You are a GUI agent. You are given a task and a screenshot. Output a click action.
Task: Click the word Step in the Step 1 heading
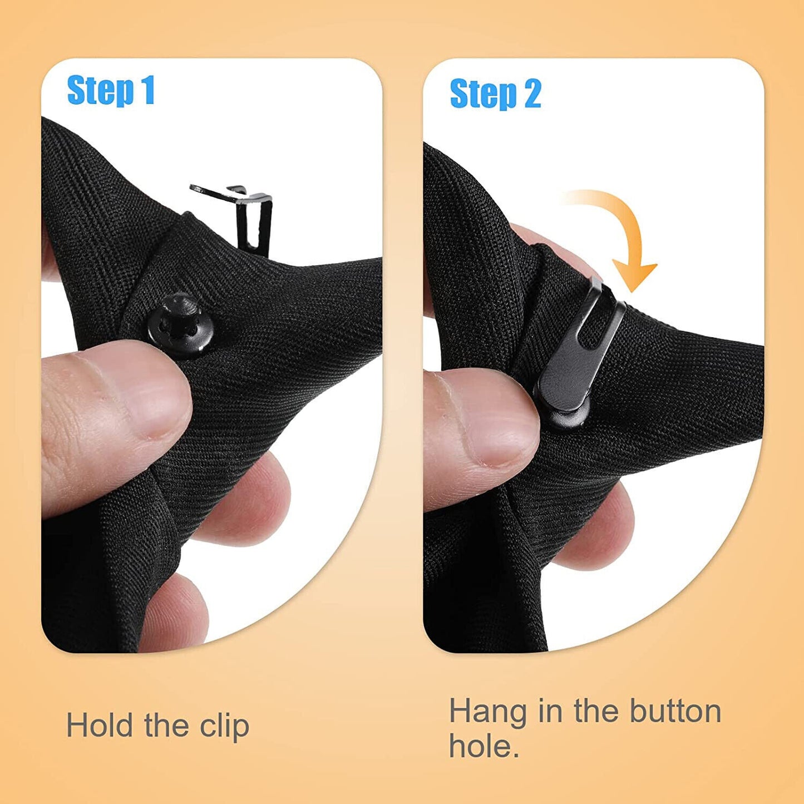click(x=100, y=91)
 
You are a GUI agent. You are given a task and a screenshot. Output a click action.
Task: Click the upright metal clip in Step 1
click(x=238, y=218)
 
